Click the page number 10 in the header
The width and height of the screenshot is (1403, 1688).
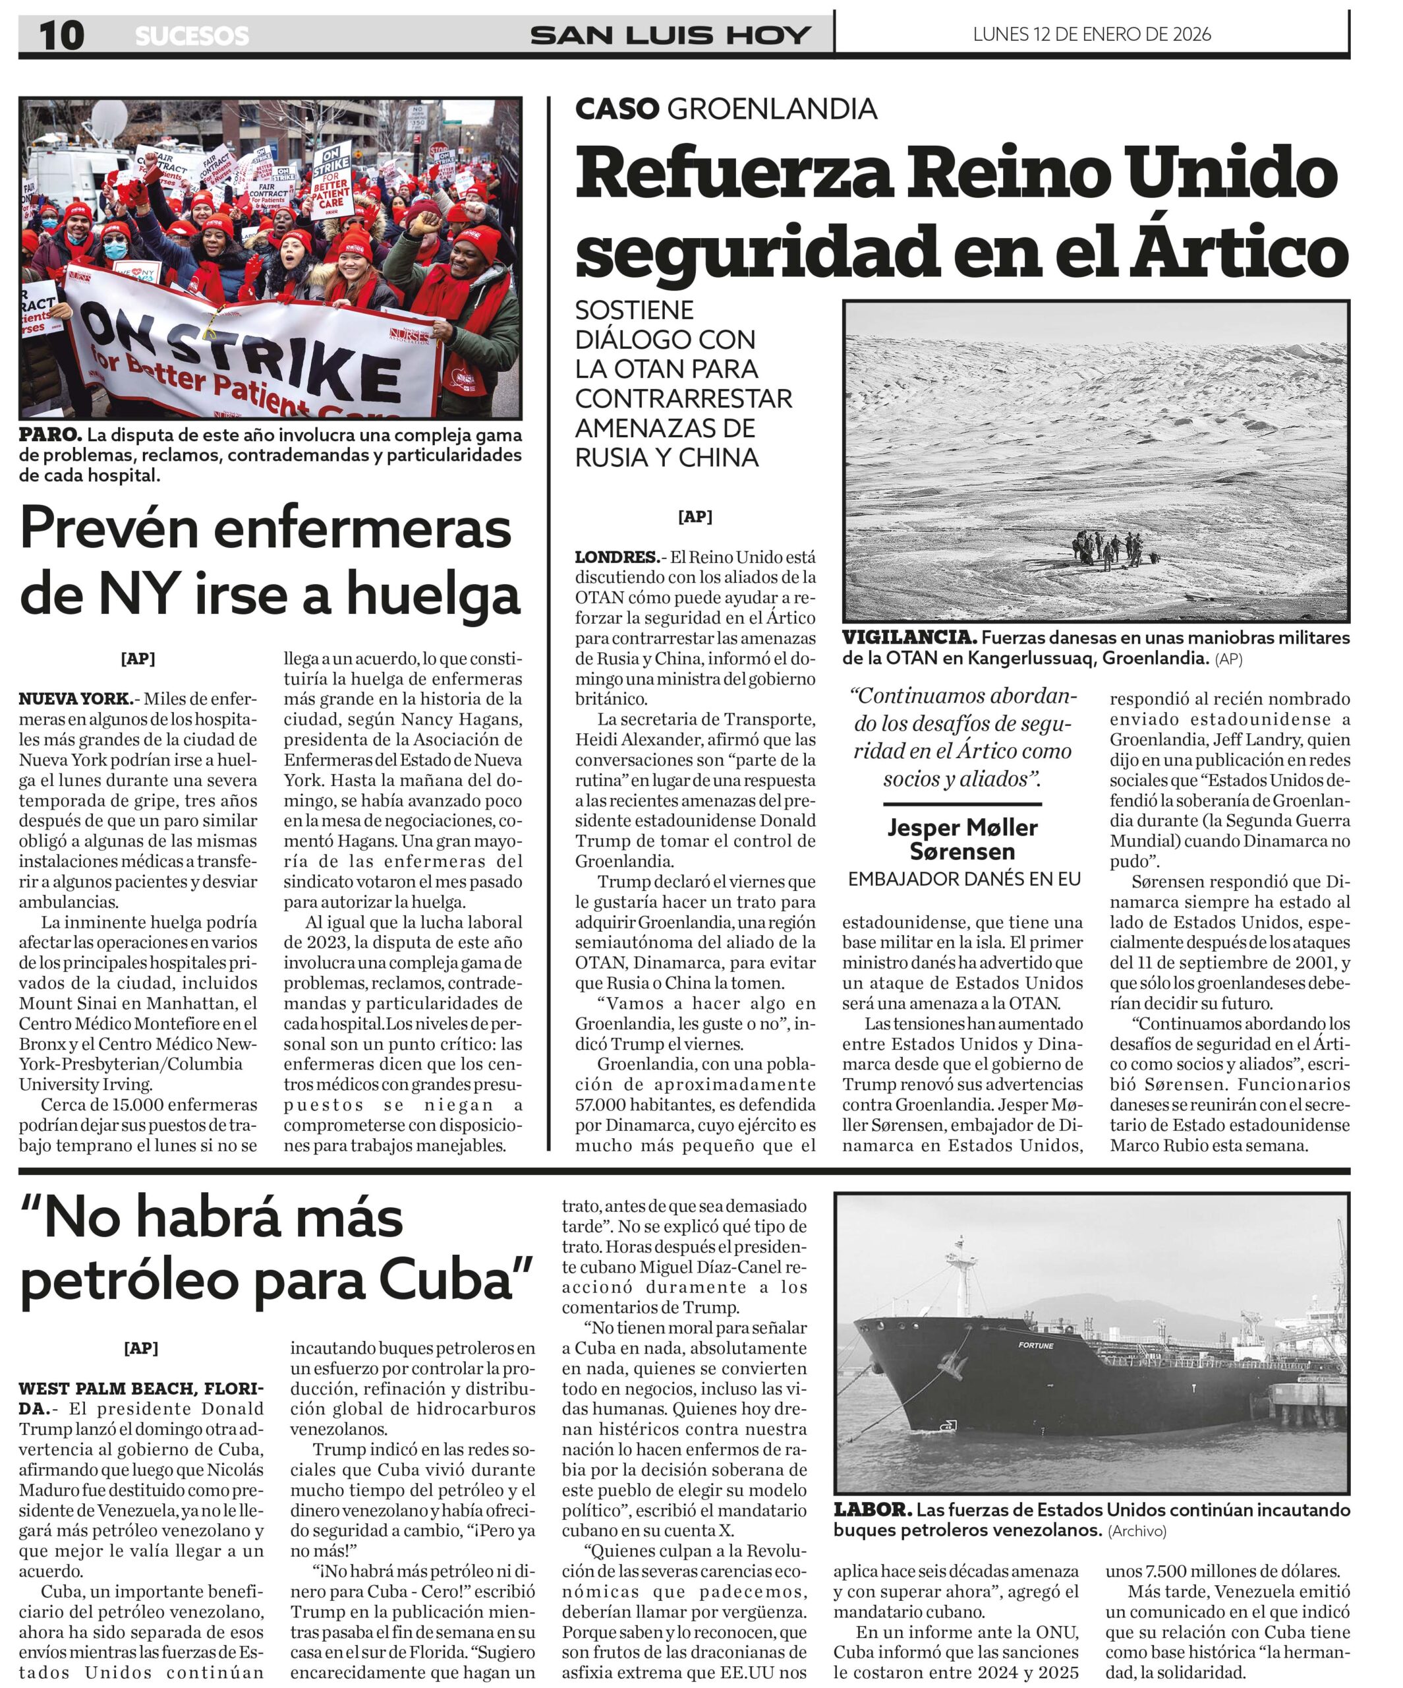61,36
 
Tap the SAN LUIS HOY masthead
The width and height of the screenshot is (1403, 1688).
670,36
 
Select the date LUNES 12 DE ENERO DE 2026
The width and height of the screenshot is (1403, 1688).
1091,34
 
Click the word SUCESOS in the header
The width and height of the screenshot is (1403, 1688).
192,36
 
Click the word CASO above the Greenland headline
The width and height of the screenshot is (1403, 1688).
616,109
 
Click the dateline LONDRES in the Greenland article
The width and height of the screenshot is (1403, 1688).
616,557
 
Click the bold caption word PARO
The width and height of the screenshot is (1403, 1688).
50,435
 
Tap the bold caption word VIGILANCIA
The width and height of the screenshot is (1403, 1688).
909,638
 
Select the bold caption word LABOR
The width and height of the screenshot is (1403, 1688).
872,1509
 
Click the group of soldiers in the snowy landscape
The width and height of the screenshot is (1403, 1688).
1113,548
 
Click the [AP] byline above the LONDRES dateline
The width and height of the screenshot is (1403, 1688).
695,517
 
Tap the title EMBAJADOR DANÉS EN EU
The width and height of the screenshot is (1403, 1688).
963,878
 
